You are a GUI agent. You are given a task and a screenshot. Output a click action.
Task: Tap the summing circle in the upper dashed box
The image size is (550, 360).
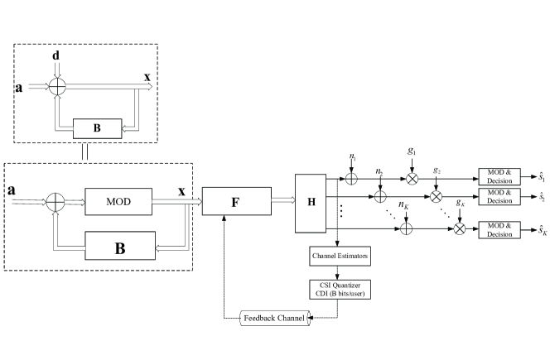pyautogui.click(x=55, y=85)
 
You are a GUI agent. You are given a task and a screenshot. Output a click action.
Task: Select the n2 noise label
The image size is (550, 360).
pyautogui.click(x=379, y=173)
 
